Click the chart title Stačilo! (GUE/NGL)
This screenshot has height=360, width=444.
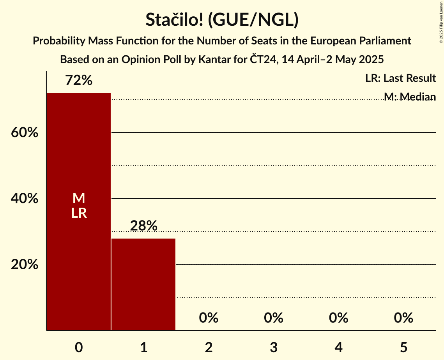(222, 20)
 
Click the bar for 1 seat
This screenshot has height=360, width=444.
(143, 284)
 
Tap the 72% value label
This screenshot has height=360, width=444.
(79, 81)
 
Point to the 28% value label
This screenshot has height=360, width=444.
(143, 226)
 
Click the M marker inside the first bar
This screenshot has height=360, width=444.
(79, 198)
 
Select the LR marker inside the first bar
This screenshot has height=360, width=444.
(79, 213)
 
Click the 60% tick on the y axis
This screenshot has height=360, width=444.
(24, 133)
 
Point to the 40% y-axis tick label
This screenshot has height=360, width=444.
(24, 199)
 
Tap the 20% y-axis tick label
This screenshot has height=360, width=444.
(24, 265)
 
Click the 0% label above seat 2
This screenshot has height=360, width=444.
(209, 318)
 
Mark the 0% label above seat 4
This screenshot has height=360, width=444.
(338, 318)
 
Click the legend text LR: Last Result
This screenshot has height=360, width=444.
(400, 78)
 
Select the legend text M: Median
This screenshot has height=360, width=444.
(409, 97)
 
